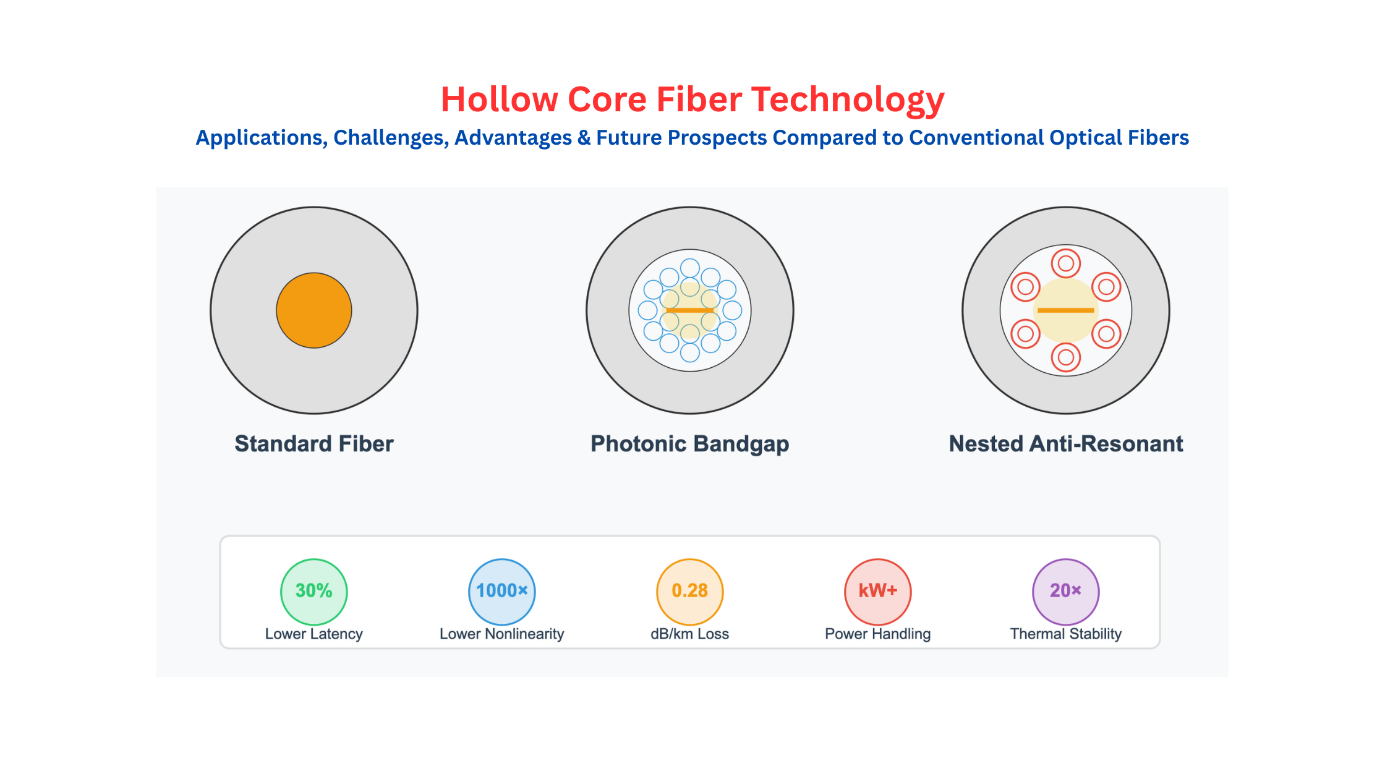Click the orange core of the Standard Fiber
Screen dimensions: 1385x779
(x=314, y=310)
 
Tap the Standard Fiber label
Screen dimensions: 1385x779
(x=314, y=444)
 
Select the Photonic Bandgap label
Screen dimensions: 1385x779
(x=690, y=444)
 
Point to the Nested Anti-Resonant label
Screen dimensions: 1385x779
(x=1066, y=444)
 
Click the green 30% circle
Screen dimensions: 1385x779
(x=314, y=592)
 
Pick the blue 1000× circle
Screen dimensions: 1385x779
(x=502, y=592)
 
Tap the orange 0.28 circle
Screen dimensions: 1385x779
(x=690, y=592)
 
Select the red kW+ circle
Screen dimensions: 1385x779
(x=878, y=592)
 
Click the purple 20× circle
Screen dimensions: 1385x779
(x=1066, y=592)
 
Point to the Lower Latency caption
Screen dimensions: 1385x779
(x=314, y=634)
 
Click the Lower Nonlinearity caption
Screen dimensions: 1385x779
(x=502, y=634)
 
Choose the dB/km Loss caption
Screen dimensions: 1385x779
(x=690, y=634)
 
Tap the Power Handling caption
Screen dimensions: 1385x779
(x=878, y=634)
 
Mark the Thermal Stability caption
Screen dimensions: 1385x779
(x=1066, y=634)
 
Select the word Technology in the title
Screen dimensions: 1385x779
(x=848, y=101)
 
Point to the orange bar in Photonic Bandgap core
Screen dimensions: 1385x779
(x=690, y=310)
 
